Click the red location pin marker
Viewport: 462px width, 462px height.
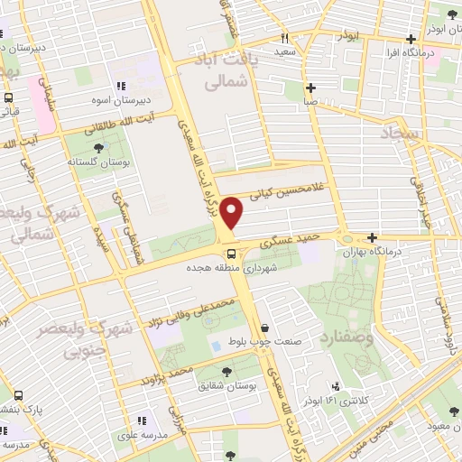(x=233, y=212)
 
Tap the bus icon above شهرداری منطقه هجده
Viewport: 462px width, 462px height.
(x=232, y=254)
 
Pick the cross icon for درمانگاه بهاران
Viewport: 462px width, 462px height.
(x=372, y=236)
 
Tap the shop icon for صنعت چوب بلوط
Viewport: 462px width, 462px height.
(x=264, y=328)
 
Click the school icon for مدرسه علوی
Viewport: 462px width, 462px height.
(x=141, y=420)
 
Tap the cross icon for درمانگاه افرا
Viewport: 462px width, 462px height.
(x=411, y=39)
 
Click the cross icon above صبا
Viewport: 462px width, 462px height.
(x=310, y=88)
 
